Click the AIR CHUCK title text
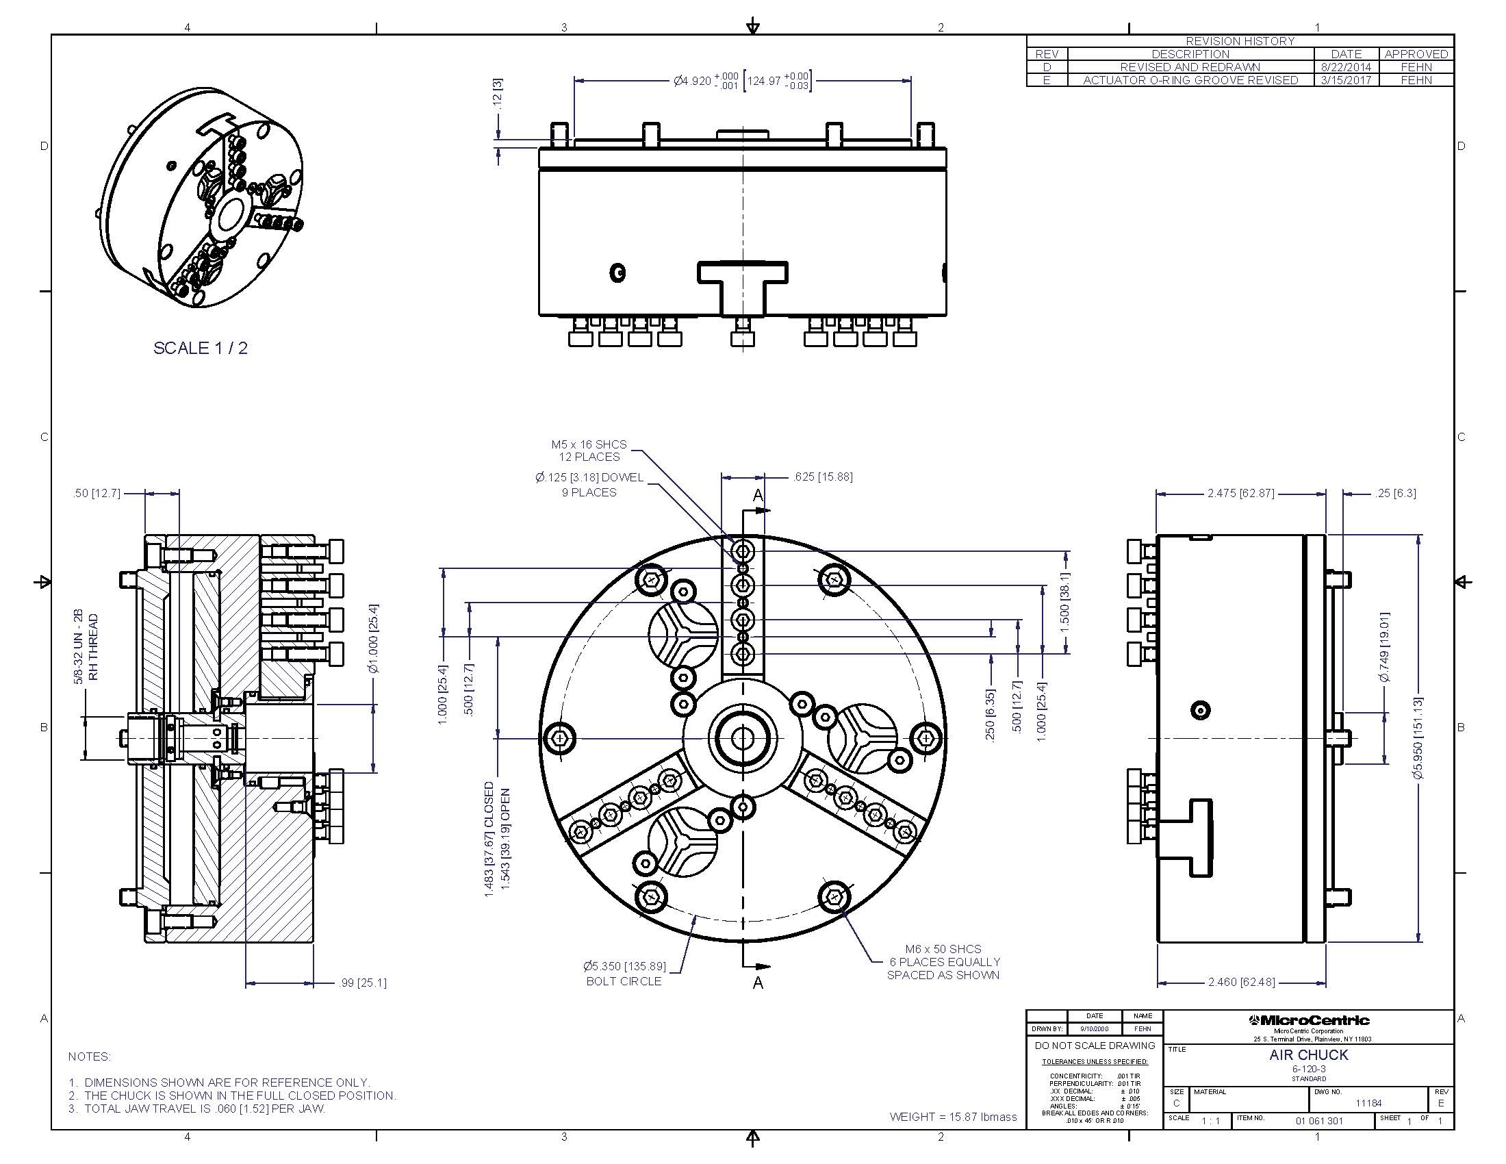pyautogui.click(x=1308, y=1055)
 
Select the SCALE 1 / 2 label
pyautogui.click(x=200, y=349)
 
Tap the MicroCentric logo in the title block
pyautogui.click(x=1308, y=1021)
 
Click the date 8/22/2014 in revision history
pyautogui.click(x=1346, y=67)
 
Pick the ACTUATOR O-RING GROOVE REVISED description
pyautogui.click(x=1190, y=80)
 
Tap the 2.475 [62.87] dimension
pyautogui.click(x=1240, y=494)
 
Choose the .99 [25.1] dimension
pyautogui.click(x=362, y=983)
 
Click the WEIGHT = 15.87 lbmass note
pyautogui.click(x=953, y=1117)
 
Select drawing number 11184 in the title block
pyautogui.click(x=1368, y=1103)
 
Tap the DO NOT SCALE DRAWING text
pyautogui.click(x=1095, y=1046)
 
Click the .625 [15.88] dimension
pyautogui.click(x=823, y=477)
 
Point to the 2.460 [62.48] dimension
pyautogui.click(x=1241, y=982)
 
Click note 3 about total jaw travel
pyautogui.click(x=197, y=1109)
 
